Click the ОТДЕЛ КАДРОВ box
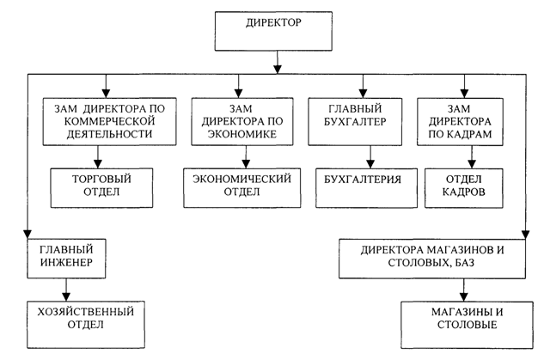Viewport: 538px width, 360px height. pyautogui.click(x=465, y=186)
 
